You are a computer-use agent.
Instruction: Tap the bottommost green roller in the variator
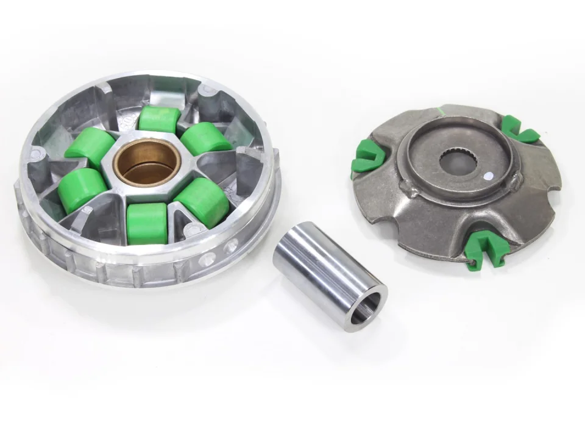click(147, 222)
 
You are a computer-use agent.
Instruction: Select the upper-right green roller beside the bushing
click(205, 139)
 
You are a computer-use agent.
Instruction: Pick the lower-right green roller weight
click(203, 199)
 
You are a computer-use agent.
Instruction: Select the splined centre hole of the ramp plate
click(456, 160)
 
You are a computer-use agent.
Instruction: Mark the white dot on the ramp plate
click(487, 177)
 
